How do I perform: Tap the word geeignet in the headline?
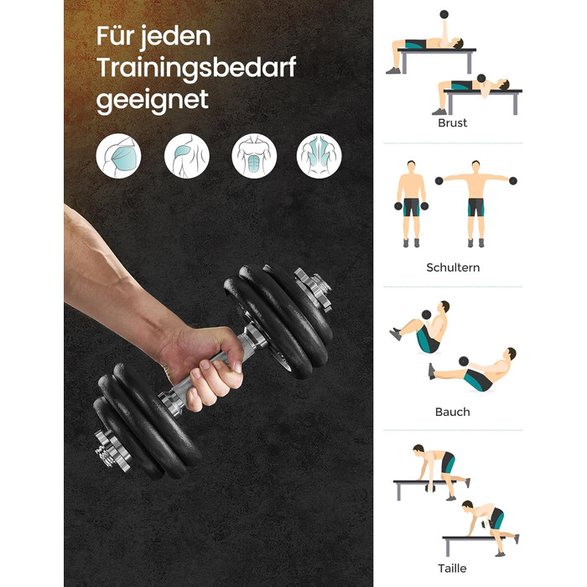pyautogui.click(x=152, y=101)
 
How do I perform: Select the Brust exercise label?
pyautogui.click(x=452, y=122)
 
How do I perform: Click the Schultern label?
pyautogui.click(x=453, y=268)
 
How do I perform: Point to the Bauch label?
pyautogui.click(x=452, y=412)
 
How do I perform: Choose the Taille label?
pyautogui.click(x=452, y=569)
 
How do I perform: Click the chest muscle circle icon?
pyautogui.click(x=118, y=156)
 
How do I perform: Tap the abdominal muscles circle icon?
pyautogui.click(x=254, y=156)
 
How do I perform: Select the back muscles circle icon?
pyautogui.click(x=319, y=156)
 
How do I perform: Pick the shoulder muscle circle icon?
pyautogui.click(x=186, y=156)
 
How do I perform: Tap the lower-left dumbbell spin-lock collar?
pyautogui.click(x=111, y=451)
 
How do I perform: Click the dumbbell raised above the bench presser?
pyautogui.click(x=444, y=14)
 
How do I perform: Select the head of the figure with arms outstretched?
pyautogui.click(x=475, y=167)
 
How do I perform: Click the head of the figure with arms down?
pyautogui.click(x=411, y=167)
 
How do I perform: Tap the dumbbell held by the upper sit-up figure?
pyautogui.click(x=426, y=314)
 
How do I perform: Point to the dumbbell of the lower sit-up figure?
pyautogui.click(x=464, y=361)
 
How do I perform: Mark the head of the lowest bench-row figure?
pyautogui.click(x=467, y=505)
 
